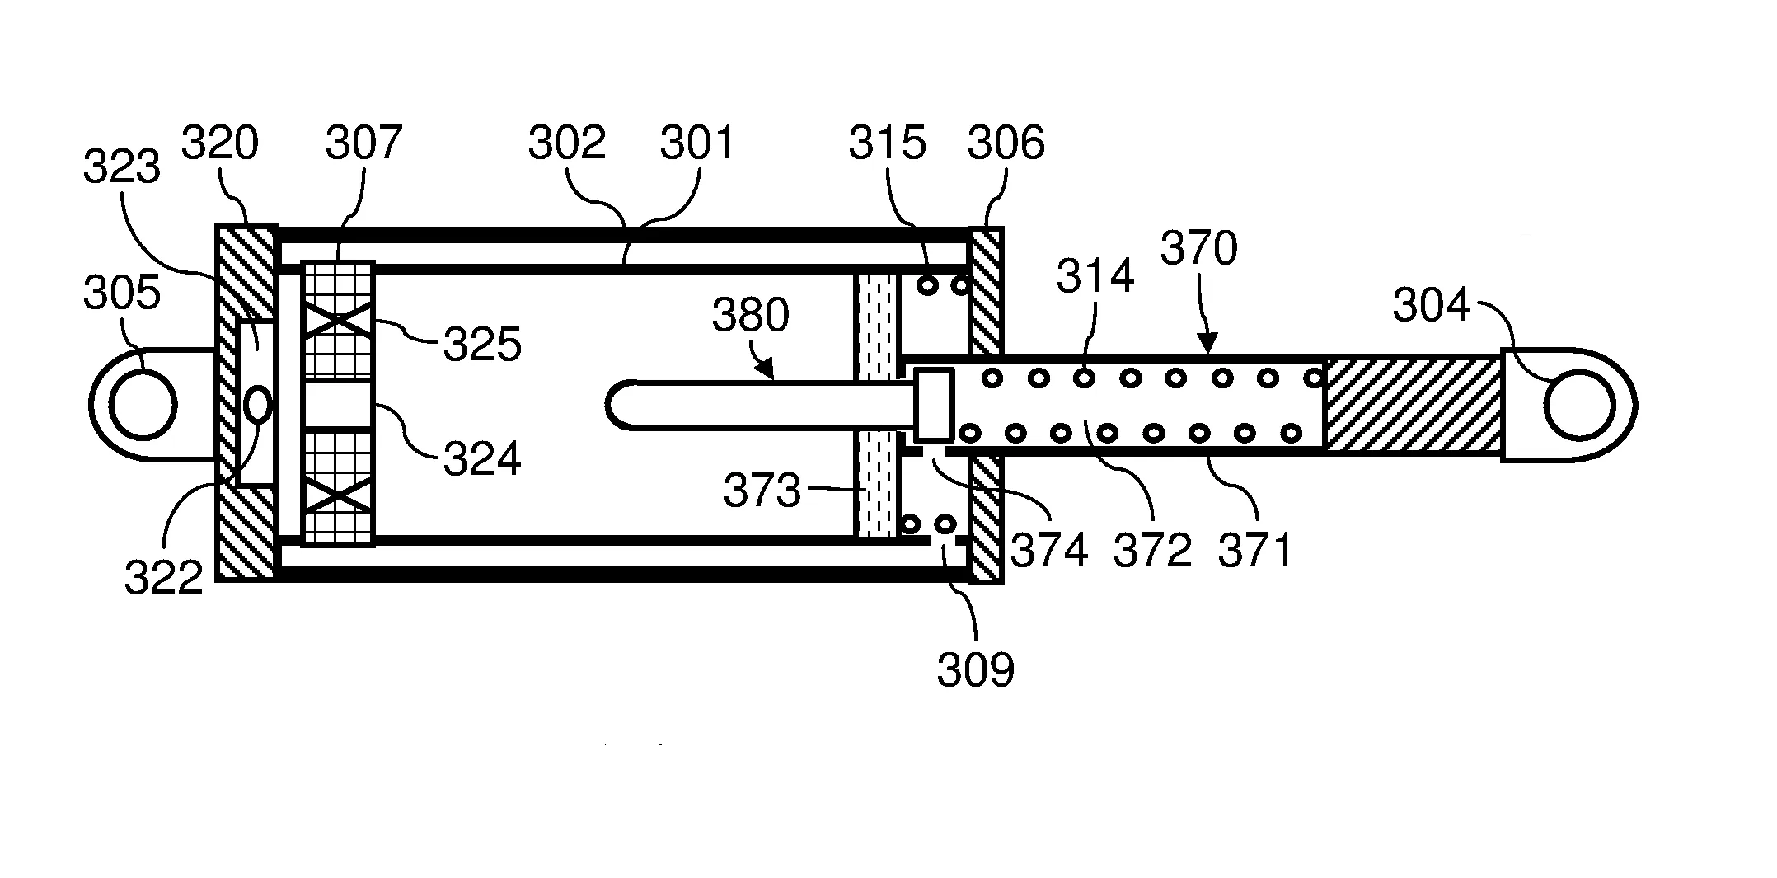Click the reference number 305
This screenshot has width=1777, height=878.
[121, 293]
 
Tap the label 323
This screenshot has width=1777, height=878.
[121, 168]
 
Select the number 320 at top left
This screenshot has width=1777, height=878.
[219, 143]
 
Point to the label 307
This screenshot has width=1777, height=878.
[363, 143]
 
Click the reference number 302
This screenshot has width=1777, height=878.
[567, 143]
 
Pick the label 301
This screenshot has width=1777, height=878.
[697, 143]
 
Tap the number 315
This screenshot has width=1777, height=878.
[888, 143]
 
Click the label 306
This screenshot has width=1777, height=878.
[1006, 143]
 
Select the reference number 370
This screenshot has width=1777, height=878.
[1198, 248]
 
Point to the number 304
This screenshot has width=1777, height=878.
[1431, 306]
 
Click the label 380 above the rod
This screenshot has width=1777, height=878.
[750, 316]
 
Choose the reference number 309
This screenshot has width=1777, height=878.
[975, 670]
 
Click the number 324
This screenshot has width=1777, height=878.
[482, 459]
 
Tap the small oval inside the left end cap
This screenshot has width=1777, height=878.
[258, 404]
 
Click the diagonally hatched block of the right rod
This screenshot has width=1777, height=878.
[1411, 405]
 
